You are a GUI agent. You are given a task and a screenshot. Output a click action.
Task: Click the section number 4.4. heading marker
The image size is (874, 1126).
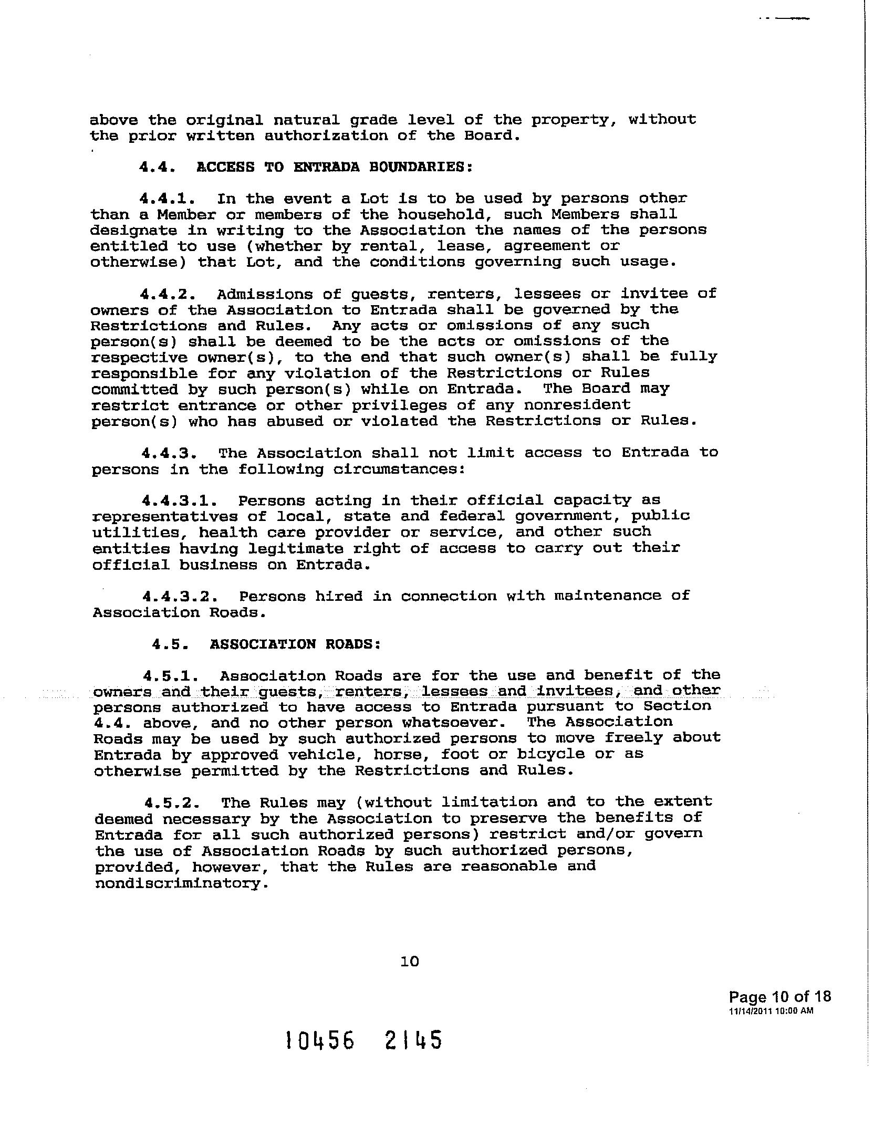[157, 167]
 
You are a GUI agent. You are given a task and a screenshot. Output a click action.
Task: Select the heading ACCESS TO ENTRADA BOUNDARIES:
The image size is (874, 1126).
[334, 167]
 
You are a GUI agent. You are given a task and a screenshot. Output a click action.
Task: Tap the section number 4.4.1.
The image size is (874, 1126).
[169, 199]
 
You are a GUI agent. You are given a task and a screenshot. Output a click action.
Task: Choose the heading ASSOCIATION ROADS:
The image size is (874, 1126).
[295, 644]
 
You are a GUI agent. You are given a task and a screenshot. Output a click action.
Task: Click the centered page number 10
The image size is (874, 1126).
[410, 961]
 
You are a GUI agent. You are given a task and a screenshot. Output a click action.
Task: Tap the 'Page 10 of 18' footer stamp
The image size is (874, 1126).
[779, 997]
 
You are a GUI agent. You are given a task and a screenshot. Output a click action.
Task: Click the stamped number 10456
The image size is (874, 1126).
[319, 1040]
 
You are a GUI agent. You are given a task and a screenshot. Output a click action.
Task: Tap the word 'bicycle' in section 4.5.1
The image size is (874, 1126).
[550, 754]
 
